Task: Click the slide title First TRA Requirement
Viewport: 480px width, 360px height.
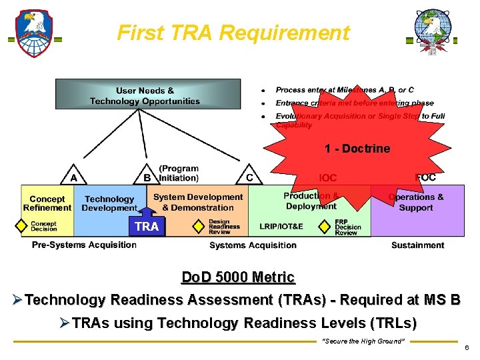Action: click(x=233, y=33)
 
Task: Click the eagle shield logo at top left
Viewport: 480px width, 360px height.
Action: click(x=34, y=33)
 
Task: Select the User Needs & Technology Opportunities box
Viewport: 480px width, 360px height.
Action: click(x=145, y=95)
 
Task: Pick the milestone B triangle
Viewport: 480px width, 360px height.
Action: click(x=147, y=177)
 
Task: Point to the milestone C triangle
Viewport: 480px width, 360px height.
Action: click(x=249, y=177)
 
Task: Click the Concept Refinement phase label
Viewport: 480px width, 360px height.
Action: click(x=47, y=203)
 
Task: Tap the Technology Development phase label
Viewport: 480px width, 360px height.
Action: click(x=109, y=203)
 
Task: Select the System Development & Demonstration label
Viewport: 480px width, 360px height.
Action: click(x=198, y=202)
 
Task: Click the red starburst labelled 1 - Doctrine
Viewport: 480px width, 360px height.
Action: click(x=357, y=148)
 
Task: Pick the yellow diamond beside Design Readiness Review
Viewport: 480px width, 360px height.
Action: click(x=198, y=227)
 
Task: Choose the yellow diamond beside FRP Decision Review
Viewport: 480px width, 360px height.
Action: click(x=324, y=227)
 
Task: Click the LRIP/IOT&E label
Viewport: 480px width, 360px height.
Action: click(x=281, y=227)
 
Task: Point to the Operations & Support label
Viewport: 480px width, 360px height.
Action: click(x=416, y=202)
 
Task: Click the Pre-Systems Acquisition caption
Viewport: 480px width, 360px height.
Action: click(x=84, y=245)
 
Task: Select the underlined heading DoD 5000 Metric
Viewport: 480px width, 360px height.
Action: click(x=238, y=277)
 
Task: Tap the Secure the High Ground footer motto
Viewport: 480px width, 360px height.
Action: click(x=363, y=341)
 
